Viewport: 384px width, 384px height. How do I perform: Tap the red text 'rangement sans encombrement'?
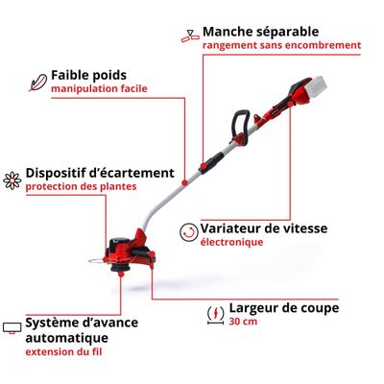(x=280, y=44)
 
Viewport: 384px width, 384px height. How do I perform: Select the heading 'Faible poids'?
(x=89, y=74)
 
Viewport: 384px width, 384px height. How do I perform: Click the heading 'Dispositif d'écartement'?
(x=100, y=172)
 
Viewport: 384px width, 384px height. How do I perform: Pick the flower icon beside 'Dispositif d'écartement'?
(x=12, y=179)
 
